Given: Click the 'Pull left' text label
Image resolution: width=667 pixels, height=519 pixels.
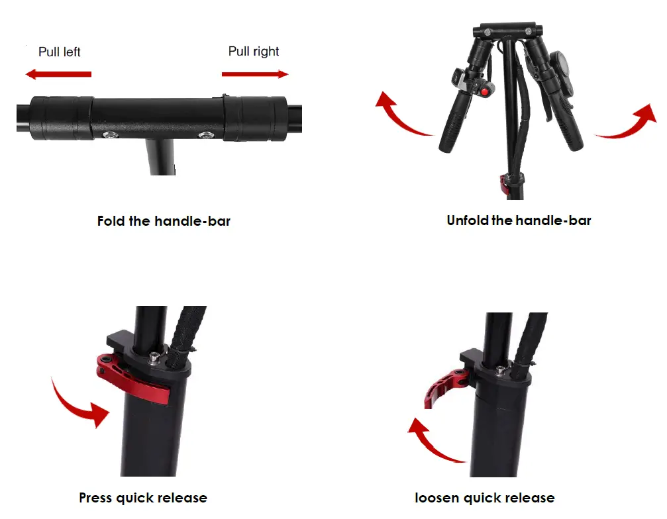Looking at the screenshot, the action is [59, 52].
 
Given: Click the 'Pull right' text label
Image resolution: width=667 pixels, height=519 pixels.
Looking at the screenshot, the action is [254, 52].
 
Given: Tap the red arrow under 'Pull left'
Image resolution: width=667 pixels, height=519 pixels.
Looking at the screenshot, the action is [59, 74].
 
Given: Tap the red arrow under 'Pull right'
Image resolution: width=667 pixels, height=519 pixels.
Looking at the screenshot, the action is [255, 74].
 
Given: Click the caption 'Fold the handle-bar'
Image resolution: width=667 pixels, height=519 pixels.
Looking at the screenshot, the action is [164, 221].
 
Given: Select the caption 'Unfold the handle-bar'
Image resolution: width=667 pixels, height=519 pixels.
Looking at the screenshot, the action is [519, 220].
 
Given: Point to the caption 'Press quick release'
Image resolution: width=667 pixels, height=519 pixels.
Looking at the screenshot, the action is [143, 498].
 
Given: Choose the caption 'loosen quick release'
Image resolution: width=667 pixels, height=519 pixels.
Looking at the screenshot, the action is [484, 498].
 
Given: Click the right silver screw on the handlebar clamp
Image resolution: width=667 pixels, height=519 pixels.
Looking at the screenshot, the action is [206, 135].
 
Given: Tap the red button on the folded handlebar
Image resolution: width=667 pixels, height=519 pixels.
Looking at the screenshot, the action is [484, 92].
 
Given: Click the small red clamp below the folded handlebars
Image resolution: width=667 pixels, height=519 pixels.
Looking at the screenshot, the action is [504, 183].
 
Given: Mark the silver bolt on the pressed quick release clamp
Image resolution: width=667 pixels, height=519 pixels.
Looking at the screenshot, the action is [154, 357].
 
